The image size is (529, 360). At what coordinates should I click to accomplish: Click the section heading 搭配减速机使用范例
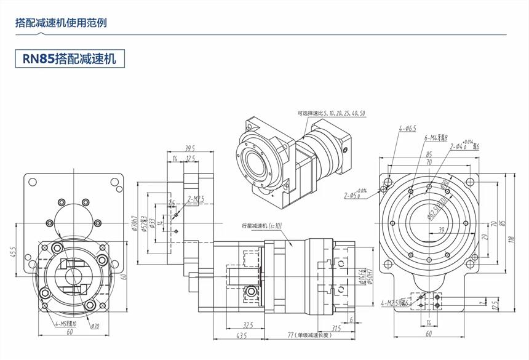(x=61, y=23)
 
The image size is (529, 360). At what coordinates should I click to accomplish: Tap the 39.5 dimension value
(x=189, y=148)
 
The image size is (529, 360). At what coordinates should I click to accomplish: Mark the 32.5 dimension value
(x=249, y=325)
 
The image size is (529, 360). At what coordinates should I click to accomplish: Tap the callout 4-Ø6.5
(x=407, y=129)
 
